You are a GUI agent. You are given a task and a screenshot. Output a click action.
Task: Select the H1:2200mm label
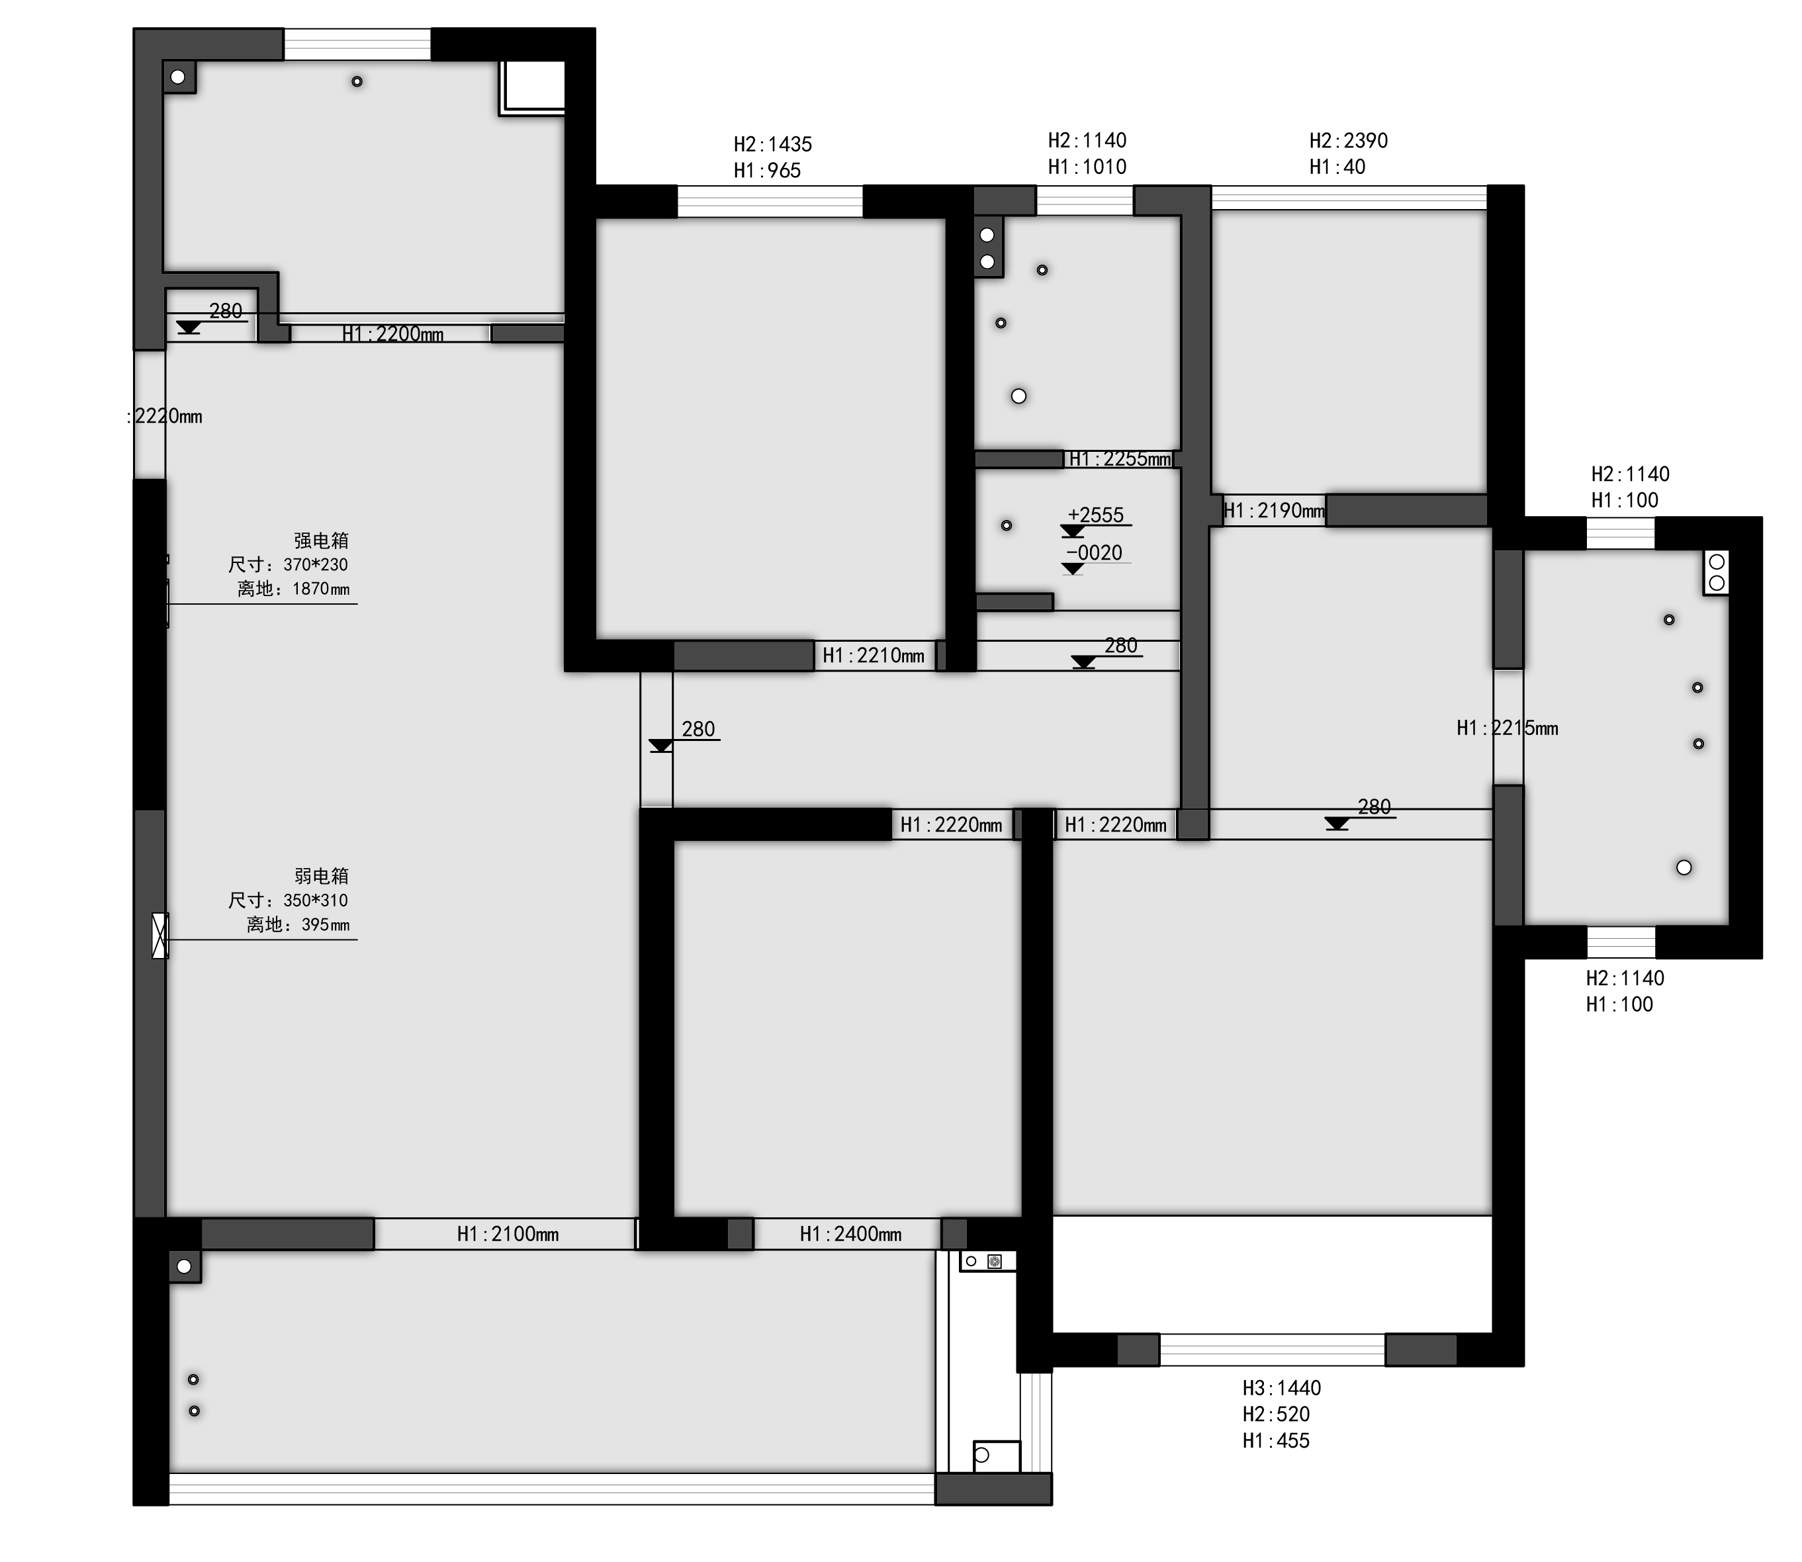[392, 334]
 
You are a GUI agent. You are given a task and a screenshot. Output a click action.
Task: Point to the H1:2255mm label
[1120, 458]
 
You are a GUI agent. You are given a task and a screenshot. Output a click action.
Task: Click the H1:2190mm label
[1274, 510]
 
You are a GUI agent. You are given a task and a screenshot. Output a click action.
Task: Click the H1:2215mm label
[1508, 728]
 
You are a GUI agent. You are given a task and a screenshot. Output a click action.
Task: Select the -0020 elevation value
[1094, 552]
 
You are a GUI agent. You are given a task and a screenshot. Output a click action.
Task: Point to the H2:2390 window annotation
[1349, 140]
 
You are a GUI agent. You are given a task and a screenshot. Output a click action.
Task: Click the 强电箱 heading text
[321, 541]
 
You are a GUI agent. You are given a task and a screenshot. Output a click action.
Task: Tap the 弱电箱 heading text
[321, 876]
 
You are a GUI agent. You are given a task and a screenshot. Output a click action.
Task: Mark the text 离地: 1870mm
[293, 589]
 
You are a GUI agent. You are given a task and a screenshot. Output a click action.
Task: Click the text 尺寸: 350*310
[288, 900]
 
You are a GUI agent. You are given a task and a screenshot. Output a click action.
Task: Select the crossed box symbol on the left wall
[160, 935]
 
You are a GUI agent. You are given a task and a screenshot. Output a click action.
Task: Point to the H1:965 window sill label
[767, 170]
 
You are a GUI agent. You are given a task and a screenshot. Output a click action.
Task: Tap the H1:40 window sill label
[1337, 167]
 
